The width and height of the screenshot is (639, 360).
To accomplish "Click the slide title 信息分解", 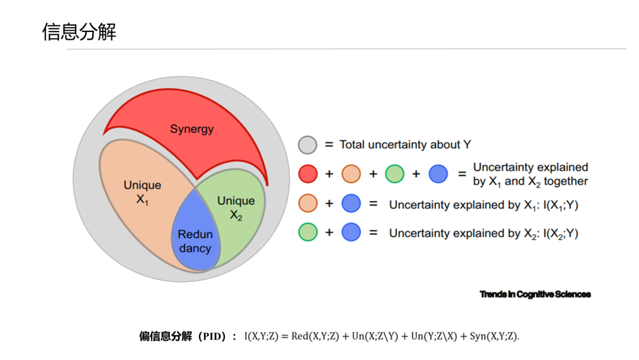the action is pyautogui.click(x=79, y=31).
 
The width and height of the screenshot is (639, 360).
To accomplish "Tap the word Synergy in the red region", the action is pyautogui.click(x=192, y=129).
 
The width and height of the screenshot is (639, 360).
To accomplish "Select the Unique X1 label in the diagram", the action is pyautogui.click(x=142, y=192).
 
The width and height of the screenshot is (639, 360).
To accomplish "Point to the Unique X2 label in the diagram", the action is pyautogui.click(x=236, y=207).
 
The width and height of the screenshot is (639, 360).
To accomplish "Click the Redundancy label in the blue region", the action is pyautogui.click(x=195, y=242).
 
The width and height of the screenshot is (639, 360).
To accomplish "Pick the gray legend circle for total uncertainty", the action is pyautogui.click(x=308, y=144).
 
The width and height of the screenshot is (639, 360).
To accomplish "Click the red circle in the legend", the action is pyautogui.click(x=308, y=174).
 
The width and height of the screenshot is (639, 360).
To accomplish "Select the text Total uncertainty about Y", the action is pyautogui.click(x=405, y=144).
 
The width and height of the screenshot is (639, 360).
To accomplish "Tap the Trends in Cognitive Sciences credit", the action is pyautogui.click(x=535, y=294).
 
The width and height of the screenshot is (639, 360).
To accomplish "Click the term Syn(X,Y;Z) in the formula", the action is pyautogui.click(x=495, y=336).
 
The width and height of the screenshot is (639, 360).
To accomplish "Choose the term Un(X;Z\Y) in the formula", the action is pyautogui.click(x=375, y=336).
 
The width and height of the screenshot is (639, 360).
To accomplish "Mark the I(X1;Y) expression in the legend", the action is pyautogui.click(x=561, y=205).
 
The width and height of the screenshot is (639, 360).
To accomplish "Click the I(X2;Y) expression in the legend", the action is pyautogui.click(x=561, y=234).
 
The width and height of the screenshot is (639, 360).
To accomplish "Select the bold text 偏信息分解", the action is pyautogui.click(x=166, y=336).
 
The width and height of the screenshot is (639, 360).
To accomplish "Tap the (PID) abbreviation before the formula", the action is pyautogui.click(x=212, y=336).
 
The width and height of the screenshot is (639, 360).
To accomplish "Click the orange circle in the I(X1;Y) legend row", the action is pyautogui.click(x=308, y=203).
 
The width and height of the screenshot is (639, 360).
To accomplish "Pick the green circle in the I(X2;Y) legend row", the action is pyautogui.click(x=308, y=232).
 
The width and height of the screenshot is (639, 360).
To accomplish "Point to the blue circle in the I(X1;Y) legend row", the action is pyautogui.click(x=351, y=203).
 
